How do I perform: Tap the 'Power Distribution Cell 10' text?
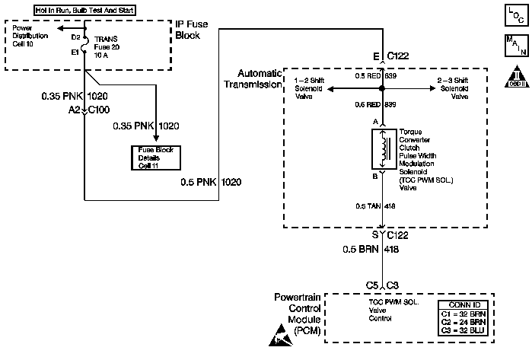(31, 35)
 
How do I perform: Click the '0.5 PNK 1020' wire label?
(211, 183)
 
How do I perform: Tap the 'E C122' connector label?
(391, 56)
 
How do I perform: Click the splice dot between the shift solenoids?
(381, 89)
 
